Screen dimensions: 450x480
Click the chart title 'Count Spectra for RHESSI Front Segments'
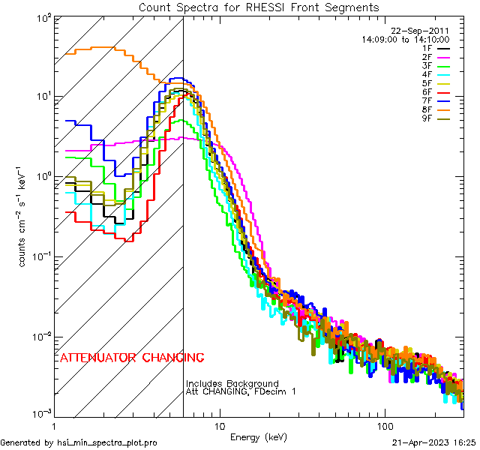click(x=259, y=7)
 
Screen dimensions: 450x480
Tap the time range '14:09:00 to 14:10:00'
click(x=405, y=38)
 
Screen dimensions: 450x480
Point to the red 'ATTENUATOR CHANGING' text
click(x=131, y=358)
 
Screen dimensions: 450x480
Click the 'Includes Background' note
click(x=232, y=383)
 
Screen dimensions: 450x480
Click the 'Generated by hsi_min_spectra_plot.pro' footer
click(x=79, y=442)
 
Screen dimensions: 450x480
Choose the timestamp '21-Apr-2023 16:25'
click(x=433, y=442)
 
